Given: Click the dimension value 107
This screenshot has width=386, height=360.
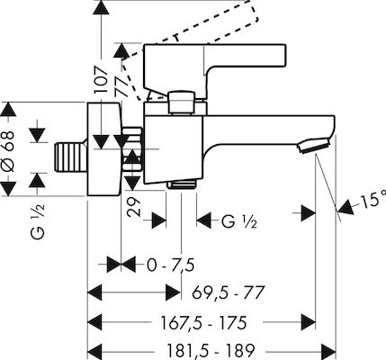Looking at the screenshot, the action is (x=101, y=79).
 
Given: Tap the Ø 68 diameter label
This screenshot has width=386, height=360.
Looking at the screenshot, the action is (x=8, y=151).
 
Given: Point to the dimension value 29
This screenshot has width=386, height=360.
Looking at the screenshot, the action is (x=133, y=207).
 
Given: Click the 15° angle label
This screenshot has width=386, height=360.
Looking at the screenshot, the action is (x=372, y=201).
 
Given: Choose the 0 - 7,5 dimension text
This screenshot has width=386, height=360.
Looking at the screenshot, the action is (x=171, y=265).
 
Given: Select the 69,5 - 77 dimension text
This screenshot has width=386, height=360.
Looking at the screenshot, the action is (x=229, y=292).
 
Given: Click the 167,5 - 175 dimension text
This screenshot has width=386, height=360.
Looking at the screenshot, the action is (x=204, y=323).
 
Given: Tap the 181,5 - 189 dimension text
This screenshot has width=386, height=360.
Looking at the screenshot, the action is (x=211, y=350).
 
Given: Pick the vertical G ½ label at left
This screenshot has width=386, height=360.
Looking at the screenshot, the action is (x=38, y=220).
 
